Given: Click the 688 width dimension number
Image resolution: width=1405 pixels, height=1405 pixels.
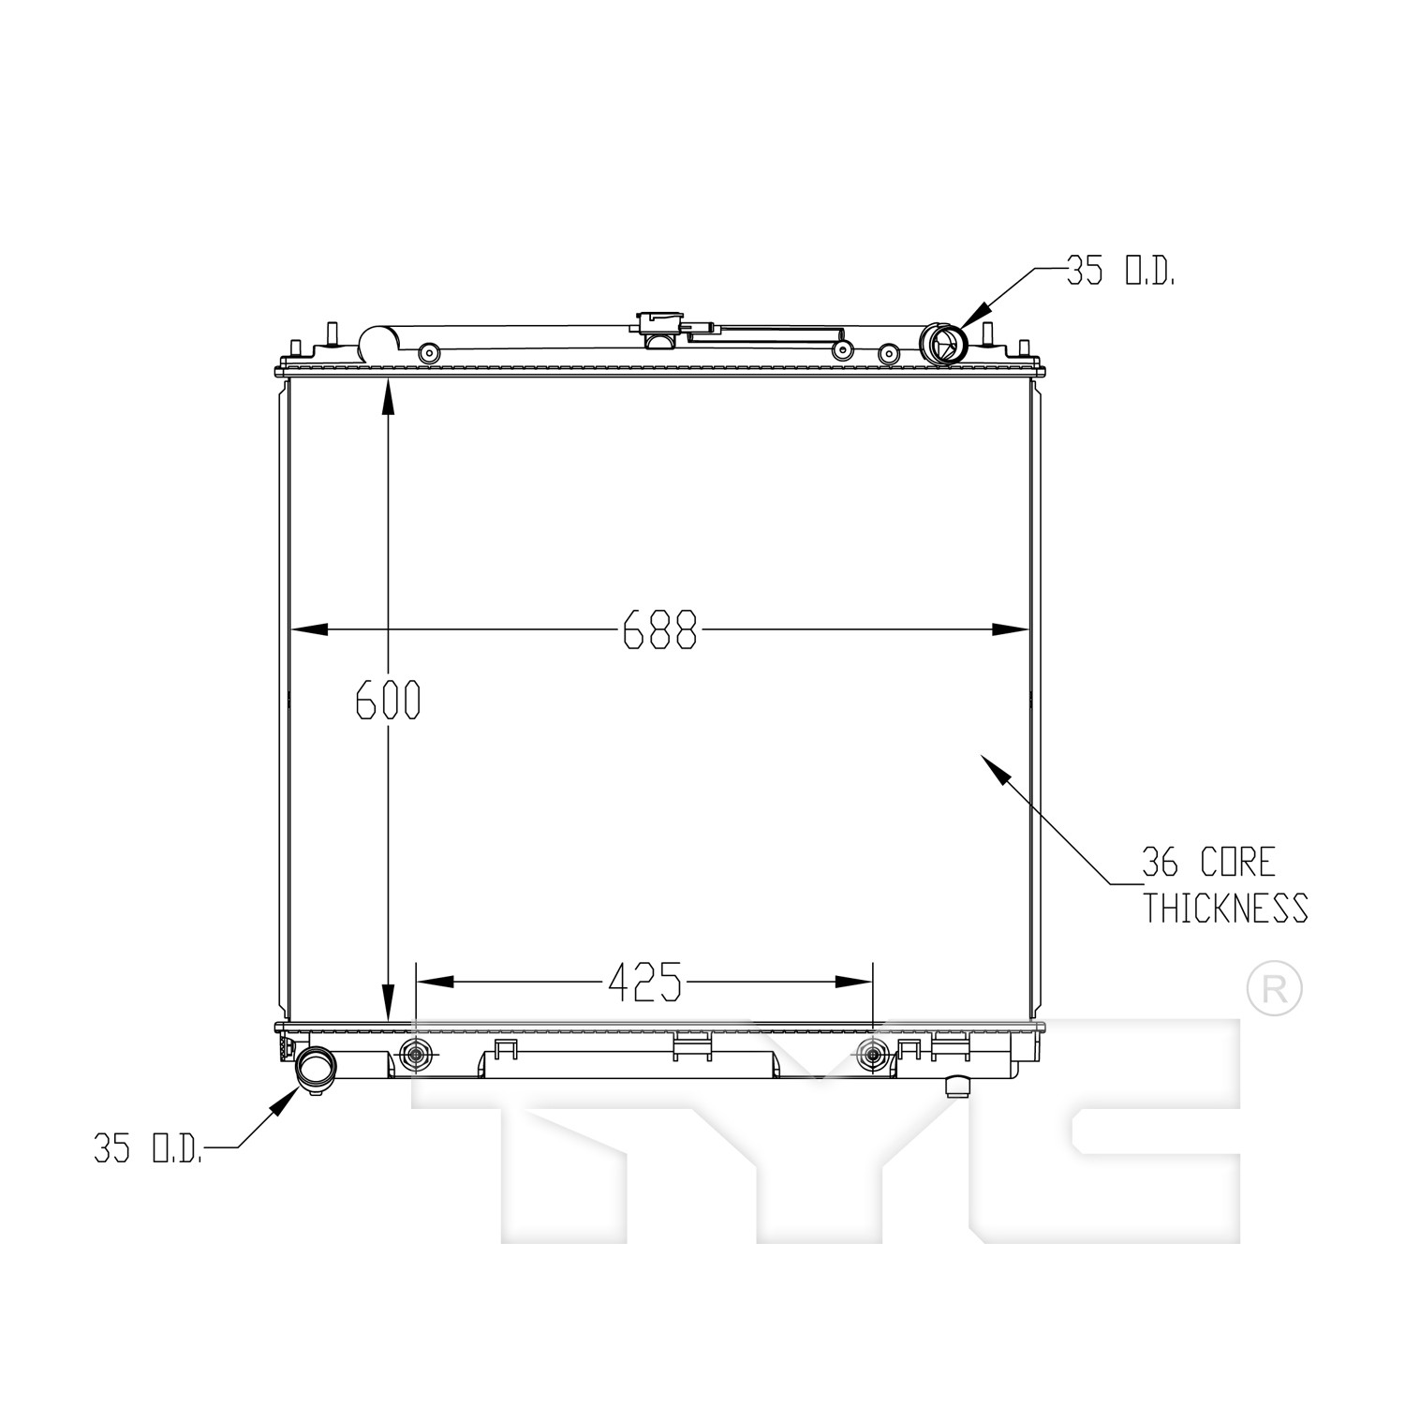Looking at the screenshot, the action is [x=660, y=629].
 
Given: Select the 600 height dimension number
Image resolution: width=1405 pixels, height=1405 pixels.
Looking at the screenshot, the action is [x=388, y=700].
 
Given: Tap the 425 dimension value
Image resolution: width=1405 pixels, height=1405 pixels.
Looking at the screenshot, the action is [x=644, y=982].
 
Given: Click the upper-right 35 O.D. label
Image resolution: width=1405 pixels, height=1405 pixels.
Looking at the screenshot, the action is [x=1120, y=272].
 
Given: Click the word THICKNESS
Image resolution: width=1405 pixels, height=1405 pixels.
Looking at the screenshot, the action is [x=1224, y=908].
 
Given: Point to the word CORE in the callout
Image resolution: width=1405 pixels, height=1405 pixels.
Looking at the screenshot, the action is [x=1238, y=862].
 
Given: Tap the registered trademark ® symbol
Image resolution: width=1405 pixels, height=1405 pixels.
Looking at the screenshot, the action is [x=1275, y=987].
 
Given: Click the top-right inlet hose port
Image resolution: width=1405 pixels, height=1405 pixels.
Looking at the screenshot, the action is [x=942, y=344].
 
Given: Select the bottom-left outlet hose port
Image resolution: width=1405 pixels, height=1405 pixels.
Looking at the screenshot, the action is [x=314, y=1070].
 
